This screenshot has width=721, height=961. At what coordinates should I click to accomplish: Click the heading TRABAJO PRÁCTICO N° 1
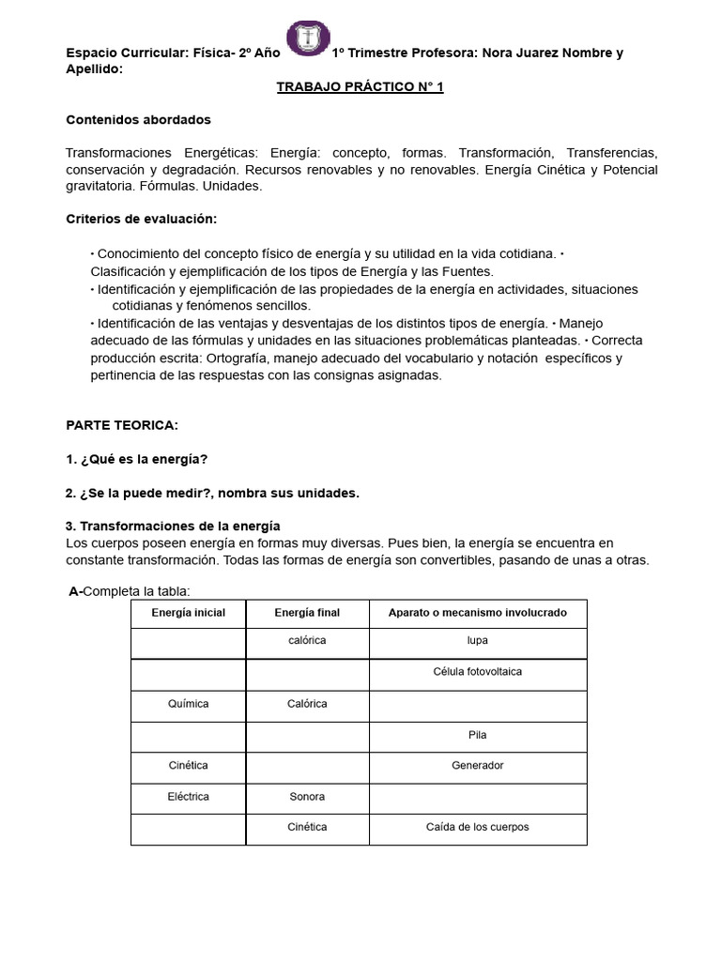(x=360, y=87)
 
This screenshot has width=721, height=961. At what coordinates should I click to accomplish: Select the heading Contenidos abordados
(x=138, y=120)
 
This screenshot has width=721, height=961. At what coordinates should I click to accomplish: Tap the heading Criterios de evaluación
(x=141, y=219)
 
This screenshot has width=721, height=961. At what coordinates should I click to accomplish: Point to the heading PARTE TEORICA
(x=121, y=425)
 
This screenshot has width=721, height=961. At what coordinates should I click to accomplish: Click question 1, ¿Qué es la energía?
(x=136, y=459)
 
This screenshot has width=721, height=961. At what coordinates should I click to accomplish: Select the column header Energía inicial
(x=189, y=613)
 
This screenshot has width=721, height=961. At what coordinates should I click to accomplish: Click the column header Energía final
(x=307, y=613)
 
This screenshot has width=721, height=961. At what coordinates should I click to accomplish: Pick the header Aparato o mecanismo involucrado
(x=478, y=613)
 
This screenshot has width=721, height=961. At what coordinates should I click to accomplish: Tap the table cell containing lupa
(x=478, y=641)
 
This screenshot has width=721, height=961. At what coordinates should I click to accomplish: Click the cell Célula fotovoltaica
(x=478, y=672)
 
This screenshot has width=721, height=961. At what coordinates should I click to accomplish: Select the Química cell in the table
(x=189, y=704)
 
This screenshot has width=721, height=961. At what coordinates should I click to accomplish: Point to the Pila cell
(x=478, y=735)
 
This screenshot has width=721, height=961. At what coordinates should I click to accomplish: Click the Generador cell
(x=478, y=765)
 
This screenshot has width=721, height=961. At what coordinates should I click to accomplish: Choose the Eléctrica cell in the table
(x=189, y=797)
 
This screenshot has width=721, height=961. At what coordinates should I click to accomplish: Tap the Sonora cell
(x=307, y=797)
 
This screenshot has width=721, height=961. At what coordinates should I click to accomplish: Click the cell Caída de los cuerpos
(x=478, y=827)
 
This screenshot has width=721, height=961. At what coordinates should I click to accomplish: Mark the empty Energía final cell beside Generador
(x=307, y=766)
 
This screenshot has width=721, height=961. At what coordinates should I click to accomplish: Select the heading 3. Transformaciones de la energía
(x=173, y=526)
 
